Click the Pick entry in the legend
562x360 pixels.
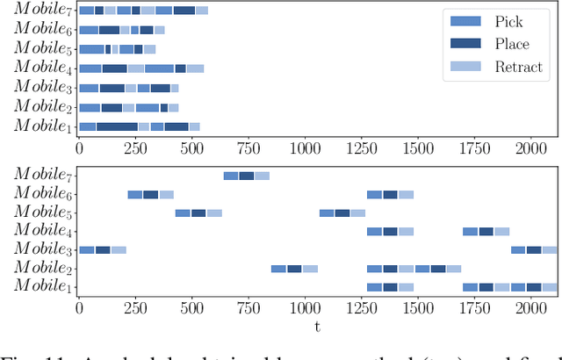(x=508, y=21)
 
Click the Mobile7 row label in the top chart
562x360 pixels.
(x=42, y=11)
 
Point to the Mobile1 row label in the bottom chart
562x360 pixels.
(x=42, y=287)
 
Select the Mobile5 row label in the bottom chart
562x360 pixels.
(x=42, y=212)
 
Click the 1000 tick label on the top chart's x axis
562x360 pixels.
(x=306, y=145)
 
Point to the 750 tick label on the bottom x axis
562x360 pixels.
(x=249, y=308)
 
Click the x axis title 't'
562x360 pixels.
(x=318, y=327)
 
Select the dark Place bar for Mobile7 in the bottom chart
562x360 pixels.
(x=247, y=176)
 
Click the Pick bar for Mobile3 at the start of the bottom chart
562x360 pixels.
(x=86, y=250)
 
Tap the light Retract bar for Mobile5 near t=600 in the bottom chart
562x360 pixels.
(x=214, y=212)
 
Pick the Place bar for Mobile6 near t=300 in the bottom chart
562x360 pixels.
(x=151, y=194)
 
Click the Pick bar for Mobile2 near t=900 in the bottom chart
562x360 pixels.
(x=278, y=269)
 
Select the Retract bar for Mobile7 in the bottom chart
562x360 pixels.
(x=263, y=176)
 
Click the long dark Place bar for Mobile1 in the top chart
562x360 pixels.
(x=117, y=126)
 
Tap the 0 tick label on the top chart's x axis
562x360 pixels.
(x=80, y=145)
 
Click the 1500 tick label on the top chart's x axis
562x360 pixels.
(x=418, y=145)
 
